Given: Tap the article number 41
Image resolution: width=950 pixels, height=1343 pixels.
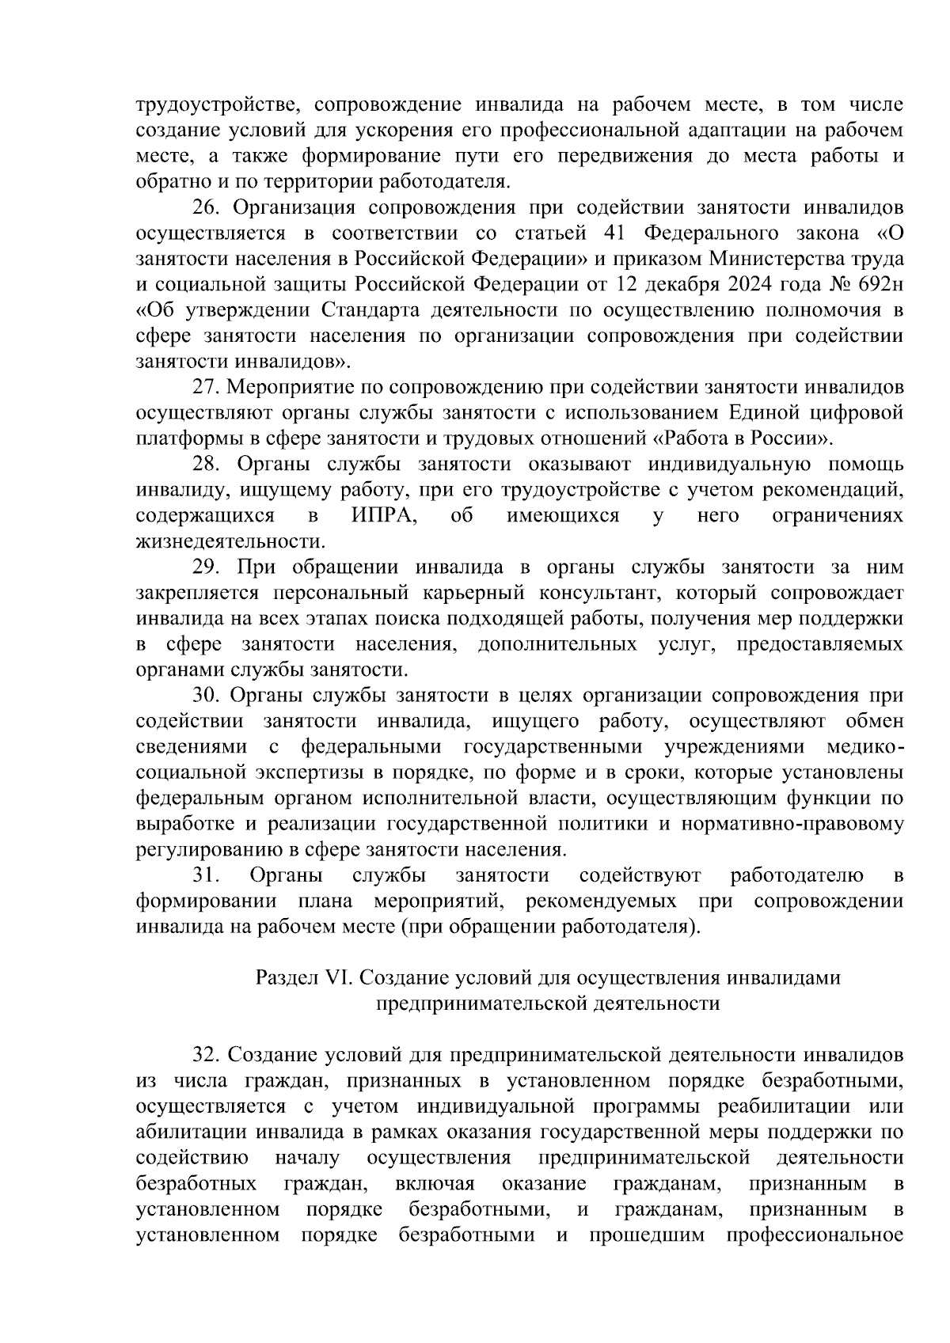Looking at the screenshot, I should click(x=615, y=233).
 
